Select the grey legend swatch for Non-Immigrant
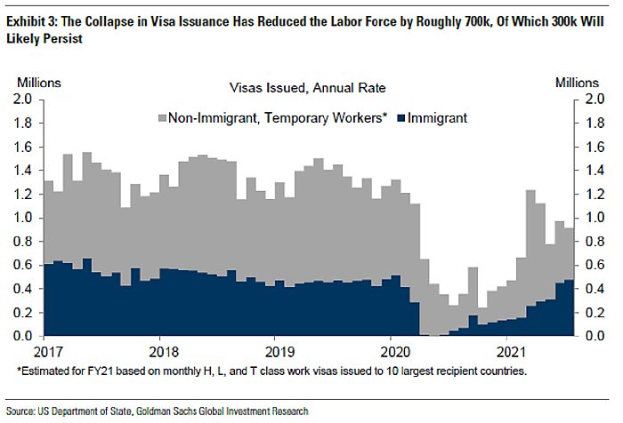pos(162,117)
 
